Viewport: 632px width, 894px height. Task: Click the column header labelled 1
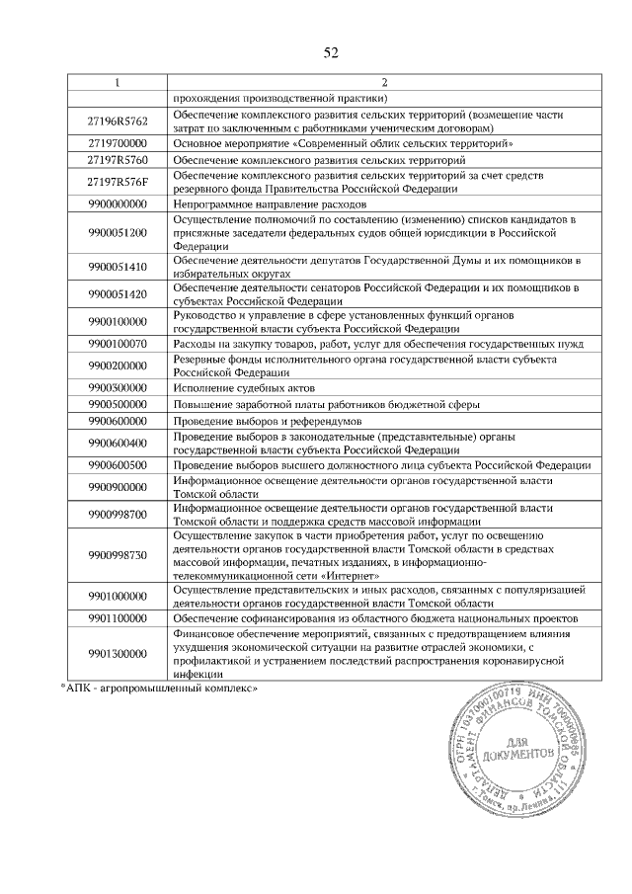click(117, 81)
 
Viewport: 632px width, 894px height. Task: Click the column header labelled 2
click(385, 81)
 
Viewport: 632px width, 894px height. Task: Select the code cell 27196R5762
click(117, 121)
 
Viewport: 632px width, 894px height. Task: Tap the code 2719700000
click(117, 142)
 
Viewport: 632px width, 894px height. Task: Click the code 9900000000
click(117, 203)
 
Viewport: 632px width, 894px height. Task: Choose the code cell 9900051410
click(117, 266)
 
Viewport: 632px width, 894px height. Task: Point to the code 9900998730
click(117, 554)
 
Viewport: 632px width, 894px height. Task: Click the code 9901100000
click(117, 617)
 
